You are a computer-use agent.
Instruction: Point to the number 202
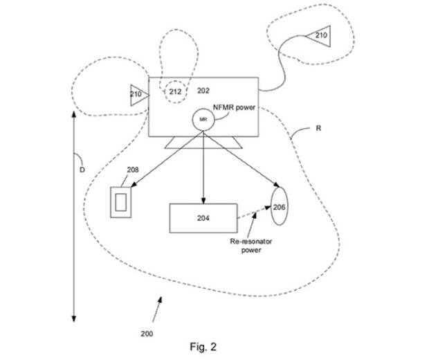click(x=203, y=91)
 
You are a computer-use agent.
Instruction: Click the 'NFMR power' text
click(x=234, y=107)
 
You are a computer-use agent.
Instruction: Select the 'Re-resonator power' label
click(x=251, y=246)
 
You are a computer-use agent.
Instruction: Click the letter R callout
click(x=318, y=128)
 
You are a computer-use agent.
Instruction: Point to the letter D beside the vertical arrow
click(x=82, y=170)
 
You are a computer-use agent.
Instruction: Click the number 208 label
click(x=133, y=170)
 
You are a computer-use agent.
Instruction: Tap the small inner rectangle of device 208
click(x=120, y=202)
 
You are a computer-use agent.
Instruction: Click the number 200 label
click(x=147, y=334)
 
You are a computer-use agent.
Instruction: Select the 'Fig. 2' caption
click(x=203, y=347)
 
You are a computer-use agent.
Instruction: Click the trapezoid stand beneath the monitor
click(x=203, y=143)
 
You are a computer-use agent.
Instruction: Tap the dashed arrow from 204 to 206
click(x=254, y=213)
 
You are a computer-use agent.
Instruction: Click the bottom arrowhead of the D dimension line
click(x=73, y=318)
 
